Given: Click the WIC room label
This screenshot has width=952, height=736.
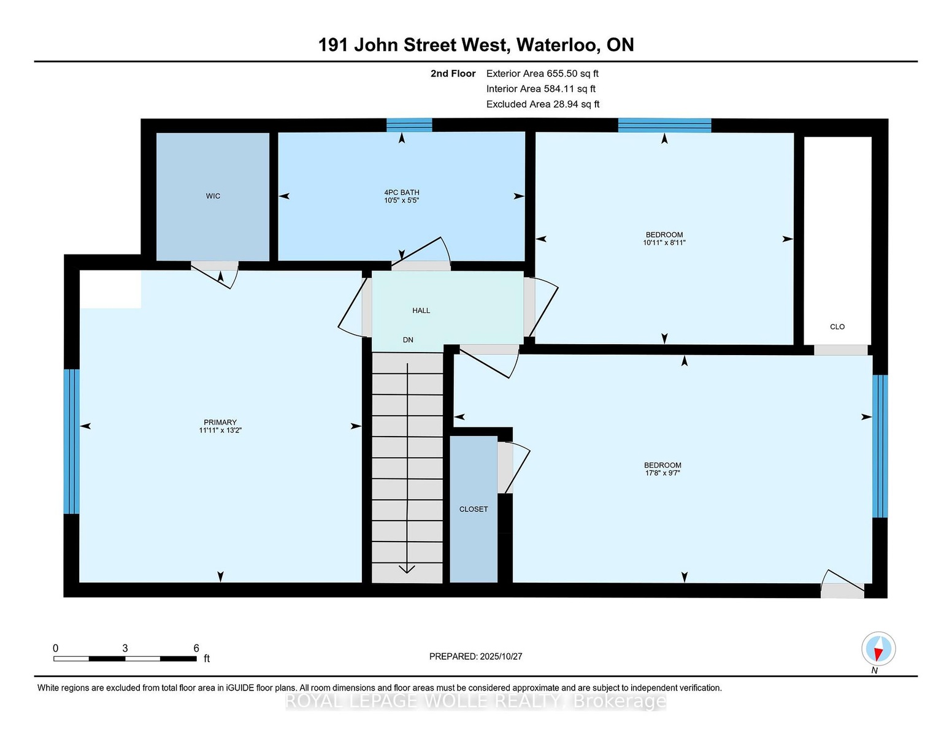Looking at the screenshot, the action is pos(213,196).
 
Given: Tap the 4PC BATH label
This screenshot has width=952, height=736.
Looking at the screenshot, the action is pos(402,192).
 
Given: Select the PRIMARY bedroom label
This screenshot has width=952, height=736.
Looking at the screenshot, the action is pos(220,423).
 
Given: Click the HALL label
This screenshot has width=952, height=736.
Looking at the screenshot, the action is pos(421,310).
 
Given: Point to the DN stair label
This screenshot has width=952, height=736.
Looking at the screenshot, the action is pos(408,340).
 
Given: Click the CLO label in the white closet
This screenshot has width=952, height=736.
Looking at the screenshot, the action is pos(837,327).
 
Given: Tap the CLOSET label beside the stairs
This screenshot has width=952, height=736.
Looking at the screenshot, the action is pos(474,509).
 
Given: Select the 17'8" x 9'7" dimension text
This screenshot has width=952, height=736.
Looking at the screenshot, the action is pos(662,473).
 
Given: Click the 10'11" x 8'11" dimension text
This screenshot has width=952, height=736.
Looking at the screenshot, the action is pos(664,242).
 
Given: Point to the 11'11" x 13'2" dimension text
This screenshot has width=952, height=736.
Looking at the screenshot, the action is pos(220,431).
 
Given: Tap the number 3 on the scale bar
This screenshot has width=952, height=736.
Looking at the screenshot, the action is pos(125,648).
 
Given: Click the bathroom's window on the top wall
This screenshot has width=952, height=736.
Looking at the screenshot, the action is pos(409,125).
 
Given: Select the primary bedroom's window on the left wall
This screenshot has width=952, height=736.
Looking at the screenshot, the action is pos(71,442).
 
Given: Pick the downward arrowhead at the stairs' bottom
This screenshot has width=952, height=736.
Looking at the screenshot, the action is pos(407,569).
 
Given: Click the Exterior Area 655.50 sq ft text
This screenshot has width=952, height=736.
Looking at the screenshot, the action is pos(542,74).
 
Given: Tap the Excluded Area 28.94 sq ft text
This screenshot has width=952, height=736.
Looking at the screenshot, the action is pos(543,104).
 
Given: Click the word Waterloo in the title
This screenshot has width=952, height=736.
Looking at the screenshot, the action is pos(559,45).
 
